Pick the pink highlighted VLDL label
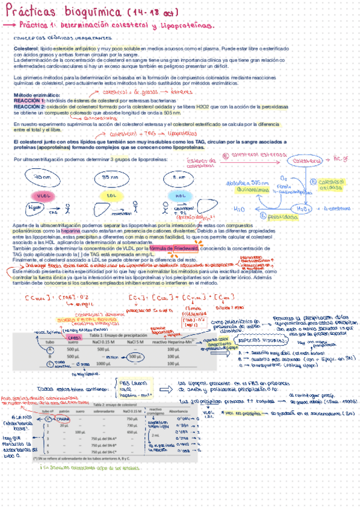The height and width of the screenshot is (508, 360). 43,196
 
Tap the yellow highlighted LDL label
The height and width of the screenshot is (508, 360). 111,196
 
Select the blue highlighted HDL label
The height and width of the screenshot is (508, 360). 180,196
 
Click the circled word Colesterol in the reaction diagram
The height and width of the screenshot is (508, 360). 305,161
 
